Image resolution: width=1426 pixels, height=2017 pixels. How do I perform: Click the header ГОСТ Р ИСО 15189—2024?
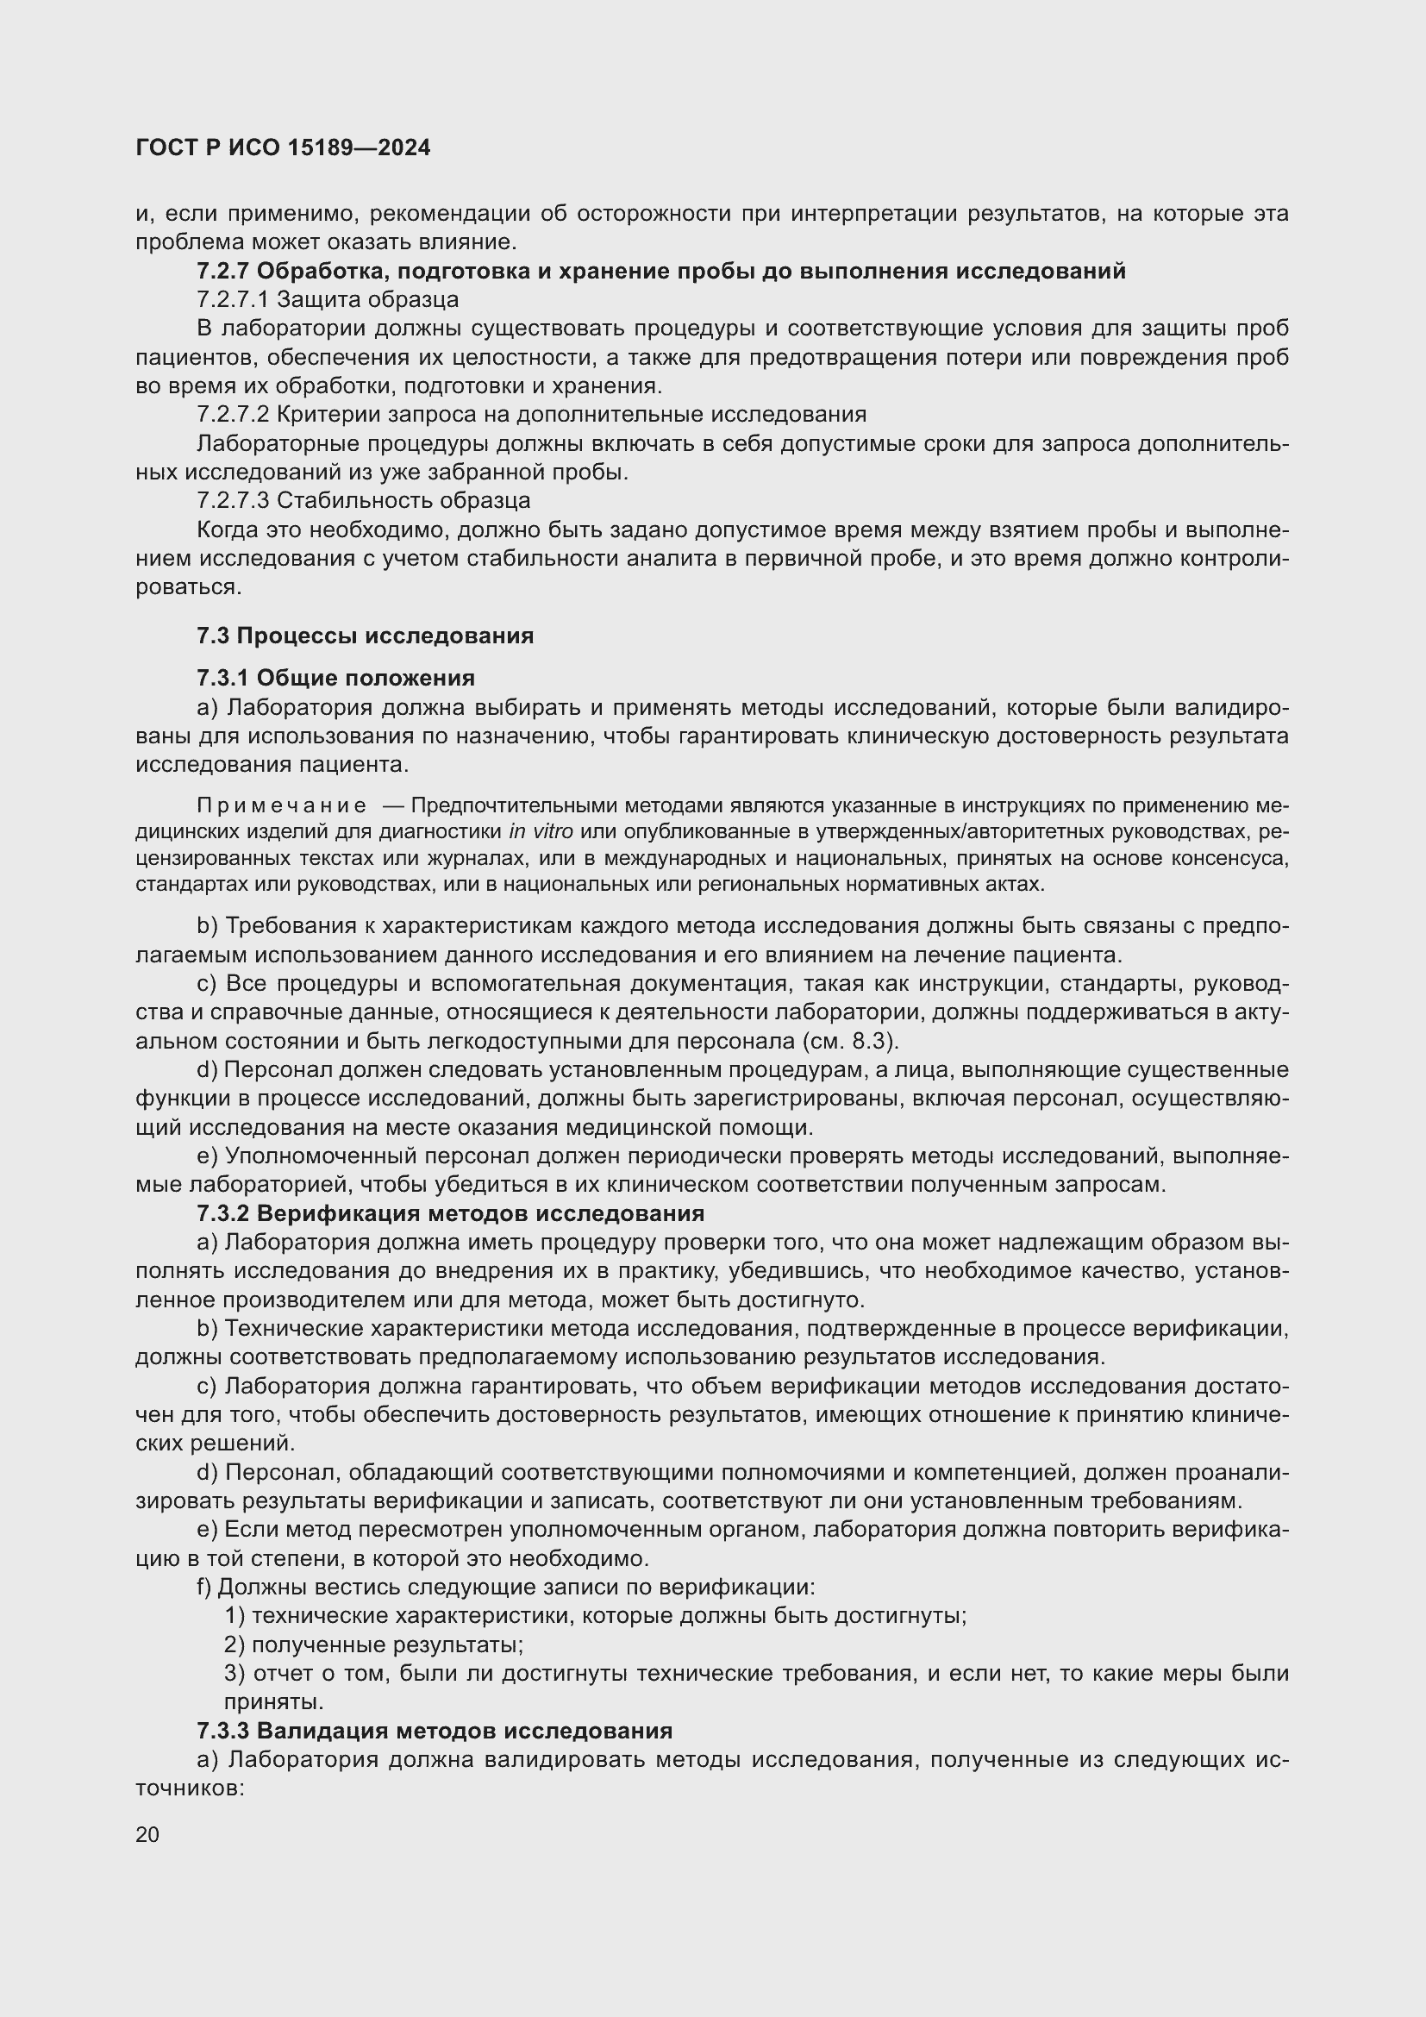(283, 147)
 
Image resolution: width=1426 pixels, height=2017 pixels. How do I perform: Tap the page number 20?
(147, 1834)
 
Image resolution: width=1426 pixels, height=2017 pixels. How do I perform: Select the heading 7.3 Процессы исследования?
(365, 636)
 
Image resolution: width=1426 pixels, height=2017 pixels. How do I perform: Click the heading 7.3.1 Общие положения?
(335, 678)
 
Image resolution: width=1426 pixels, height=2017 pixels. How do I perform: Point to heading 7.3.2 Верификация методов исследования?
(450, 1213)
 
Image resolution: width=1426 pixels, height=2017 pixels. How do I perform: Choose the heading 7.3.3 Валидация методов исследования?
(435, 1731)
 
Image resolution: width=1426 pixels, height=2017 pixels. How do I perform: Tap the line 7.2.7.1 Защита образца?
(328, 299)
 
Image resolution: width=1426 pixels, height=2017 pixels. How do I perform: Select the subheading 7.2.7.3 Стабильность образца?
(364, 501)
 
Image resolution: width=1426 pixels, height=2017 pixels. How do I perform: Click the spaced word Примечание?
(281, 805)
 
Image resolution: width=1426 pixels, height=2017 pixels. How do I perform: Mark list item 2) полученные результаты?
(373, 1644)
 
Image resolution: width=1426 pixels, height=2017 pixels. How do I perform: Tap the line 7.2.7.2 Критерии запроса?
(531, 414)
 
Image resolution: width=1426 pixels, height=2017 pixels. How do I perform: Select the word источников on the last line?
(189, 1788)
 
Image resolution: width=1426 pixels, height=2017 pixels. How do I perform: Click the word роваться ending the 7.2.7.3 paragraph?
(188, 587)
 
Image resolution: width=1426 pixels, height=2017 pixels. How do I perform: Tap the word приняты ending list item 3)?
(273, 1701)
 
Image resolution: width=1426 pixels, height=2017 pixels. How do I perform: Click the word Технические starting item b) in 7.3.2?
(293, 1328)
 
